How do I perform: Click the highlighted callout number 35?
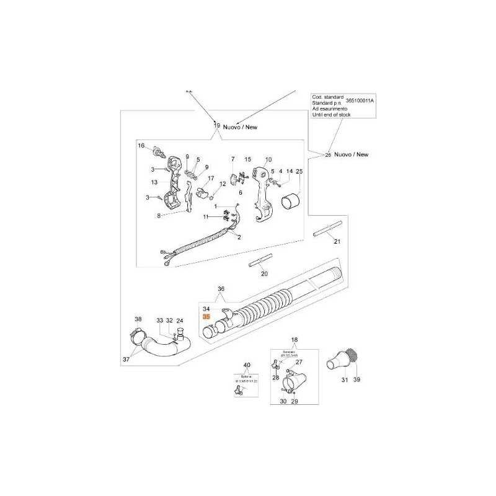pyautogui.click(x=206, y=316)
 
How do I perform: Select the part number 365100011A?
pyautogui.click(x=360, y=100)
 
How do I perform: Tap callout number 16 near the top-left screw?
pyautogui.click(x=141, y=146)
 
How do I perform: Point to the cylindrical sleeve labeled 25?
pyautogui.click(x=292, y=201)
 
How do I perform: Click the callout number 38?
pyautogui.click(x=138, y=319)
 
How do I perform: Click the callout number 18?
pyautogui.click(x=294, y=340)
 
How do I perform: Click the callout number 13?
pyautogui.click(x=154, y=182)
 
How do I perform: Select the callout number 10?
pyautogui.click(x=268, y=159)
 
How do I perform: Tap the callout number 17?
pyautogui.click(x=211, y=179)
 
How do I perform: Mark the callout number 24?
pyautogui.click(x=180, y=321)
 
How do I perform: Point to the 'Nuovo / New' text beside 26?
pyautogui.click(x=351, y=154)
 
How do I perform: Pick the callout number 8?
pyautogui.click(x=159, y=216)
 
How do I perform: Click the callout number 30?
pyautogui.click(x=283, y=402)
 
